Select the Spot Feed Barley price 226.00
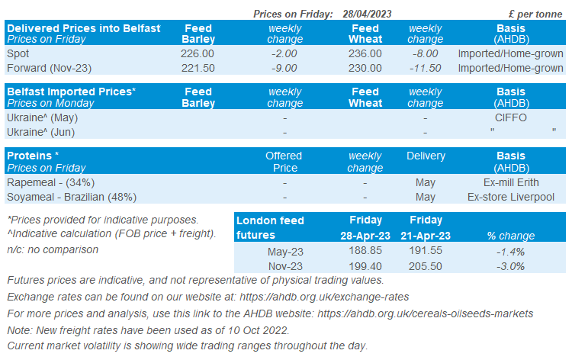[199, 53]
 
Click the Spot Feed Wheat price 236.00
[365, 53]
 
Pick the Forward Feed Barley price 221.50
[199, 68]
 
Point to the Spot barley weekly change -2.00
[284, 53]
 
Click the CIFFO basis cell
[510, 117]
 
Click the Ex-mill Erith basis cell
[510, 182]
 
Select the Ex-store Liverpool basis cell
[510, 197]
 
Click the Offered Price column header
[284, 162]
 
